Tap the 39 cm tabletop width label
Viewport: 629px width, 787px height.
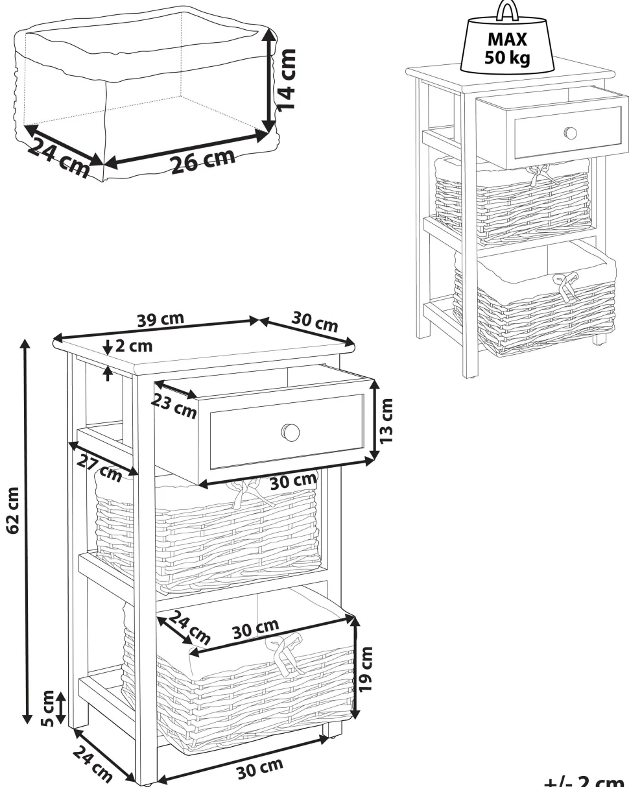tap(161, 319)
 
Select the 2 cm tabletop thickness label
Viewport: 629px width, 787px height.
tap(134, 346)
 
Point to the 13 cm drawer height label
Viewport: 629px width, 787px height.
tap(386, 421)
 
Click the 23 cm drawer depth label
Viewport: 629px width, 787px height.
tap(174, 406)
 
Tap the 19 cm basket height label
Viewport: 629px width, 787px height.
tap(366, 669)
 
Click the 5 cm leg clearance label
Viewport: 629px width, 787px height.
tap(48, 708)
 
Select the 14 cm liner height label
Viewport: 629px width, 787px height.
tap(285, 80)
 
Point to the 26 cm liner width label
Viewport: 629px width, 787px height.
tap(203, 160)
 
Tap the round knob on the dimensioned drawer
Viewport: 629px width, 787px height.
tap(291, 432)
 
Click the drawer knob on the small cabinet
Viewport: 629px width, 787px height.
tap(570, 133)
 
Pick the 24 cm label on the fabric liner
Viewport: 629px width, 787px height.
tap(58, 158)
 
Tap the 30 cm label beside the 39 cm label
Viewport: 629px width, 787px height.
tap(314, 321)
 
